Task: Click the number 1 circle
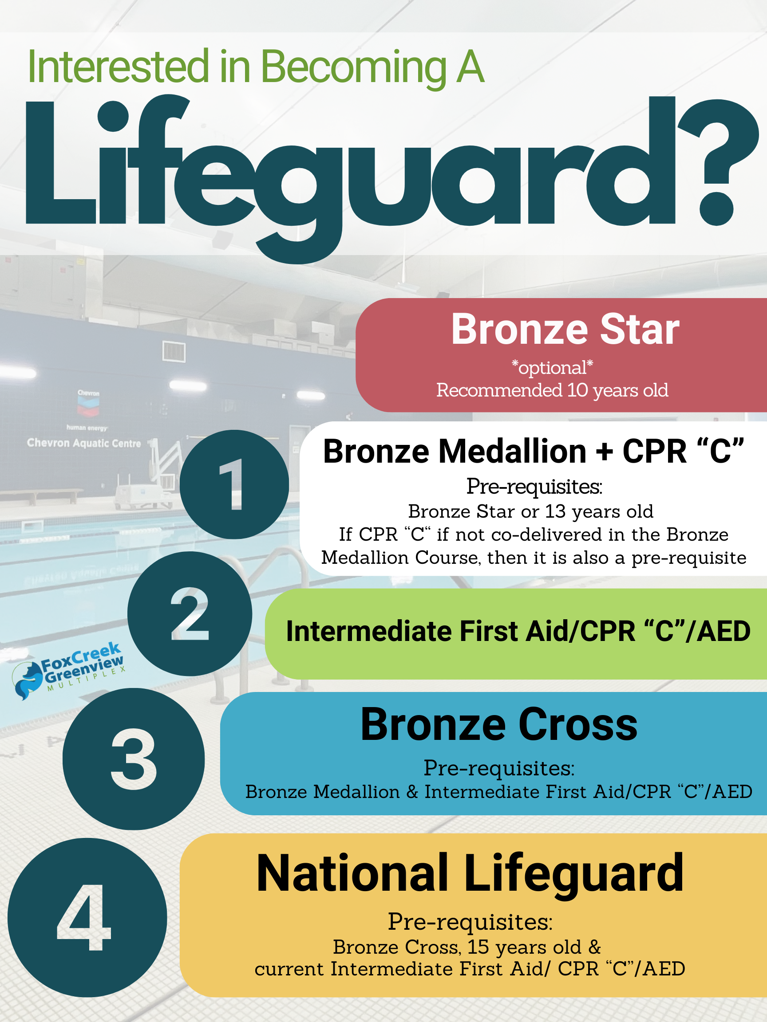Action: click(234, 484)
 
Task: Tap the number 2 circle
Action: click(190, 613)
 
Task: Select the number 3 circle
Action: click(134, 759)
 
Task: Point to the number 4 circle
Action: click(87, 918)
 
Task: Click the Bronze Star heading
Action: click(565, 329)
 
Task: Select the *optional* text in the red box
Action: click(552, 368)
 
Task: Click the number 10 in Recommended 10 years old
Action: click(577, 390)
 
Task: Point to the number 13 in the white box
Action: click(555, 511)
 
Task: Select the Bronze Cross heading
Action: click(499, 724)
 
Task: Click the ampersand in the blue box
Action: click(412, 792)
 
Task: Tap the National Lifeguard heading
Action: click(470, 874)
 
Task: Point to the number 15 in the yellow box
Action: click(478, 947)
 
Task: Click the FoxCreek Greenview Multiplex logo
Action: click(68, 669)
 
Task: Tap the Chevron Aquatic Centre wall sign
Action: click(84, 443)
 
